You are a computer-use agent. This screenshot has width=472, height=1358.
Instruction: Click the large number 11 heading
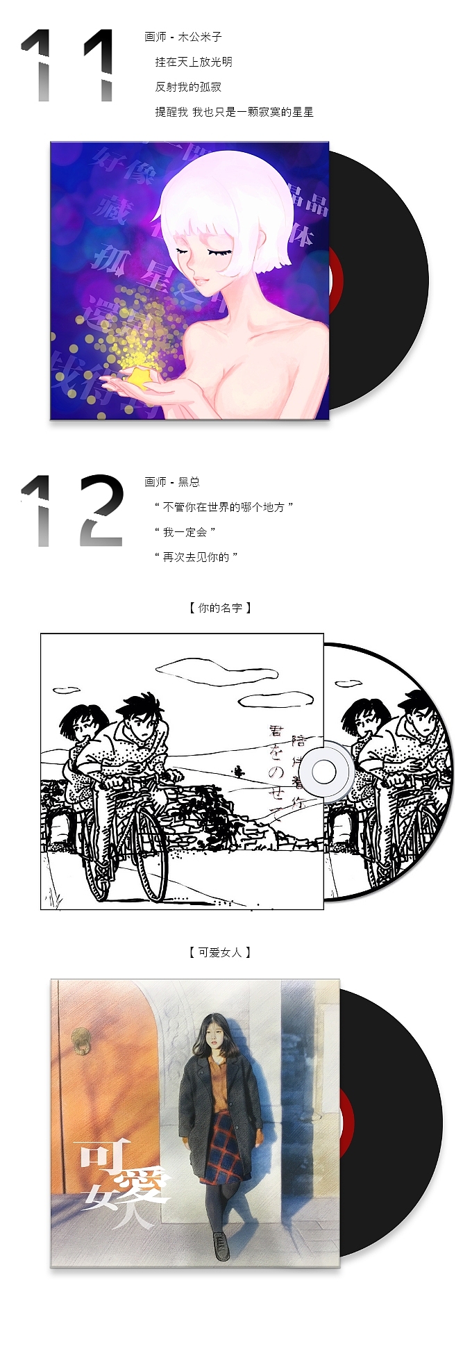(x=67, y=66)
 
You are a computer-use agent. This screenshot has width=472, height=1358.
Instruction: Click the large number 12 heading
(x=72, y=511)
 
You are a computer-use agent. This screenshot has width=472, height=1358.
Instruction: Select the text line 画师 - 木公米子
(x=183, y=37)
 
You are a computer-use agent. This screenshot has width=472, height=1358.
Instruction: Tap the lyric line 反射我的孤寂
(x=188, y=87)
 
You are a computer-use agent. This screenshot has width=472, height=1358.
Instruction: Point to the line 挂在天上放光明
(x=194, y=62)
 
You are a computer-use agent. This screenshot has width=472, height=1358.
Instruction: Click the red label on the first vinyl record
(x=335, y=281)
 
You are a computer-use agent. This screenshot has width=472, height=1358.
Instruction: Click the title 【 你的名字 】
(x=220, y=608)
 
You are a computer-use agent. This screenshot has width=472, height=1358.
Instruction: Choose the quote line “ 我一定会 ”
(x=185, y=532)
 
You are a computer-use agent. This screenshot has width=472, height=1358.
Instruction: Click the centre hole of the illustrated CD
(x=324, y=771)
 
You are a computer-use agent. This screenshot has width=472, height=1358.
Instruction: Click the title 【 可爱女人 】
(x=220, y=952)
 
